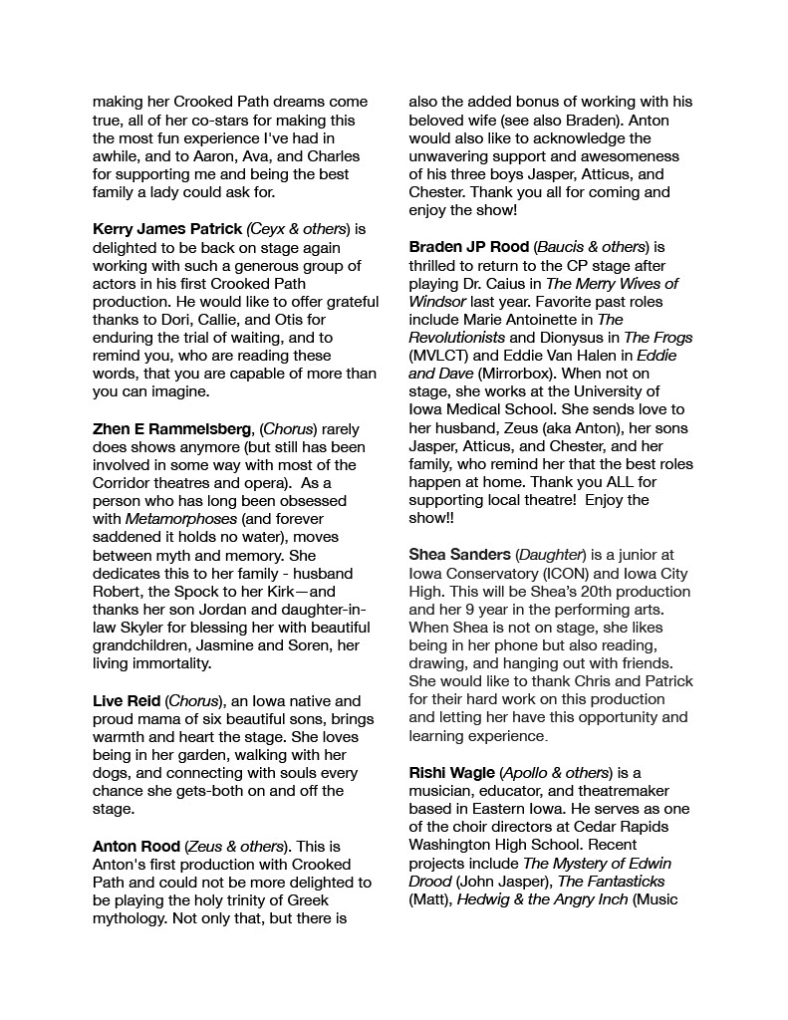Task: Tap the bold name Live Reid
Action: pos(127,701)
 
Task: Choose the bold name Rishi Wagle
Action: pos(451,773)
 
